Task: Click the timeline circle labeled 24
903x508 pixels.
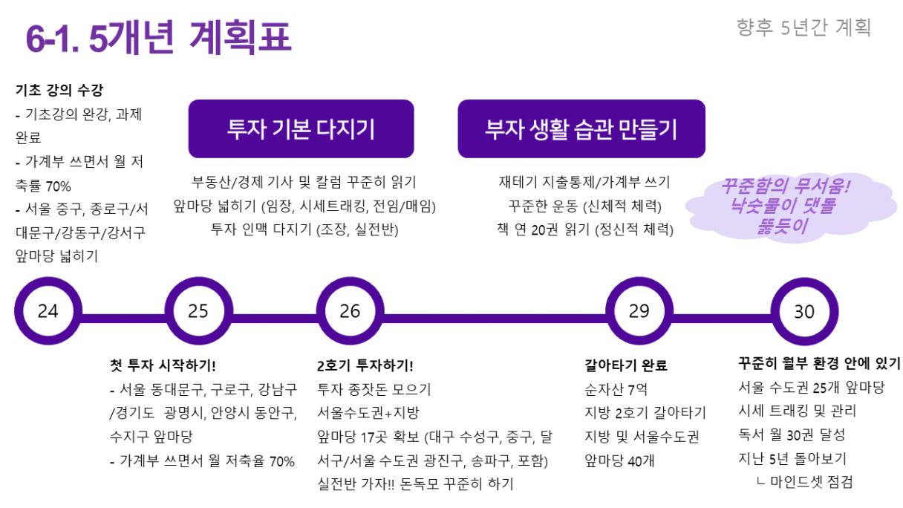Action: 48,312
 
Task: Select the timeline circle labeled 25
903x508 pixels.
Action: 198,312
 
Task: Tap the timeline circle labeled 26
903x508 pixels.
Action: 350,312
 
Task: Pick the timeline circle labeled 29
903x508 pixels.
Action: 639,312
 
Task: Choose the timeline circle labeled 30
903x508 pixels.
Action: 804,312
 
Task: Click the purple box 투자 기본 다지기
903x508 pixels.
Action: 301,129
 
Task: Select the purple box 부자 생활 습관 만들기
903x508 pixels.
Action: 581,129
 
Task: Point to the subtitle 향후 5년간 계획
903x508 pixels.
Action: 803,28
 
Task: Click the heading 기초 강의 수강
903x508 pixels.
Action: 59,91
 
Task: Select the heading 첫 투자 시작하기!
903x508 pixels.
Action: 163,365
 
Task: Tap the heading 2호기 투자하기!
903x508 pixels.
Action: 365,365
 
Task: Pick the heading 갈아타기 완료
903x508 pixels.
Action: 626,365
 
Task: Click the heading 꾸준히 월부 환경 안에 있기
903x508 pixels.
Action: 819,364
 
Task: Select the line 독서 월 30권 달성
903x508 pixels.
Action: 792,434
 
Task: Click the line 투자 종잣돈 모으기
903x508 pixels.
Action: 374,389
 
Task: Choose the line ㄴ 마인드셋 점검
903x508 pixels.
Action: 803,482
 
